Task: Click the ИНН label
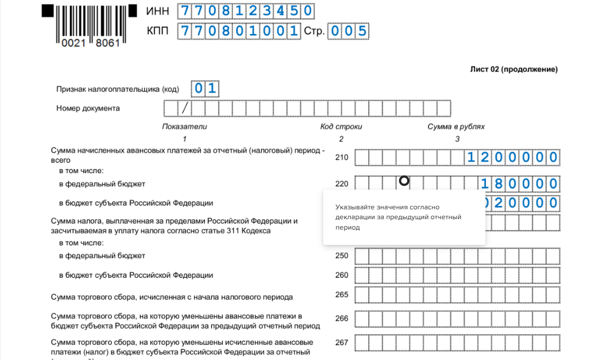click(158, 11)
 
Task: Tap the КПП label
click(158, 31)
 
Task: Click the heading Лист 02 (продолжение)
click(513, 70)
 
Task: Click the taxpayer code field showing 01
click(204, 88)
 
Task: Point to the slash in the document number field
click(185, 108)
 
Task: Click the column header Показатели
click(185, 127)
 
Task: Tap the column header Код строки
click(341, 127)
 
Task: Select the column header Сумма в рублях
click(456, 127)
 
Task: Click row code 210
click(341, 158)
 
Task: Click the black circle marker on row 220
click(404, 180)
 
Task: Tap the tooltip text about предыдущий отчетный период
click(398, 217)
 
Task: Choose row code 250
click(341, 255)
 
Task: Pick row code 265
click(341, 295)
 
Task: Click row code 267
click(341, 342)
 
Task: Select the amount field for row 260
click(457, 275)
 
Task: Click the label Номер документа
click(88, 108)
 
